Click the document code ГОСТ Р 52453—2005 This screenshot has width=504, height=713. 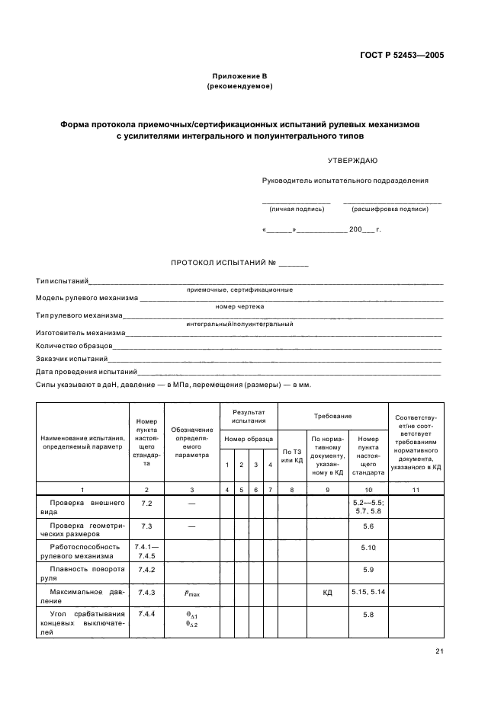402,56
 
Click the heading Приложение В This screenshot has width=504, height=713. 239,77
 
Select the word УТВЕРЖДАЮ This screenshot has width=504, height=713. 352,161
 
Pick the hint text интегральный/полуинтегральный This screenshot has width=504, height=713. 239,324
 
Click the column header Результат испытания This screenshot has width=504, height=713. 249,416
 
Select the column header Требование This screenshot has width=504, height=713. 332,416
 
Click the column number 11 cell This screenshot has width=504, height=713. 416,490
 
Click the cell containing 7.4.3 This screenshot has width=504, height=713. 147,592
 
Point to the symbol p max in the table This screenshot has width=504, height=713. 191,593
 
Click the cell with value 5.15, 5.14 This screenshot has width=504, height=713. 368,592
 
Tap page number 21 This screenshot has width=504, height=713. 440,651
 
